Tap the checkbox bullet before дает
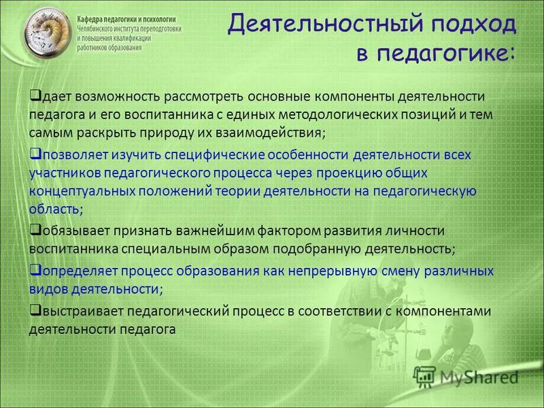pyautogui.click(x=35, y=98)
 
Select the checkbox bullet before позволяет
pyautogui.click(x=35, y=154)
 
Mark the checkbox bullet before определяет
pyautogui.click(x=35, y=269)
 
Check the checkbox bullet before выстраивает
pyautogui.click(x=35, y=310)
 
